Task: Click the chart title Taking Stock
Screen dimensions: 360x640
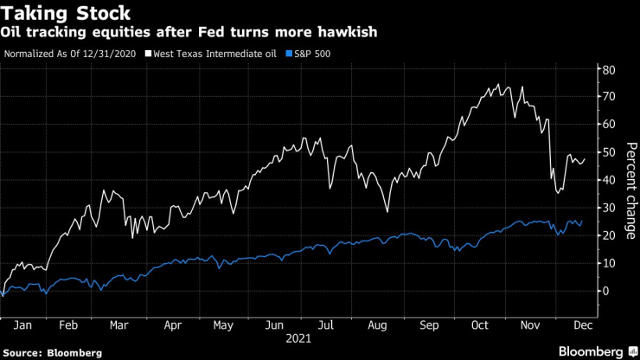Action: (x=67, y=13)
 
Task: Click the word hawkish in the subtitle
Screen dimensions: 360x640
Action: (x=343, y=33)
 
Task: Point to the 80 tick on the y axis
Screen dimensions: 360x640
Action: (x=609, y=69)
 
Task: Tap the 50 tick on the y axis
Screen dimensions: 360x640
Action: (x=609, y=152)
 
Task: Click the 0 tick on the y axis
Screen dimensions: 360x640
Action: (x=606, y=291)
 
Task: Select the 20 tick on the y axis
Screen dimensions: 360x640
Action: (x=609, y=235)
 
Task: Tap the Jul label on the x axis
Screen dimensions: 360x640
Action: (x=325, y=327)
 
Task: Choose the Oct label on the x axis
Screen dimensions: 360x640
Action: (x=480, y=327)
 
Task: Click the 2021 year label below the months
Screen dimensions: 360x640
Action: (x=301, y=340)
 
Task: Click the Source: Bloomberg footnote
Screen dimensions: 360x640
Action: (x=52, y=353)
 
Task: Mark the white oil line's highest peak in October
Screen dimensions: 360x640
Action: (x=499, y=85)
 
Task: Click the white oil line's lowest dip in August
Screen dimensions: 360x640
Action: (x=387, y=211)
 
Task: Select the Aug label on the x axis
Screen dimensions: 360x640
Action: (x=377, y=327)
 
